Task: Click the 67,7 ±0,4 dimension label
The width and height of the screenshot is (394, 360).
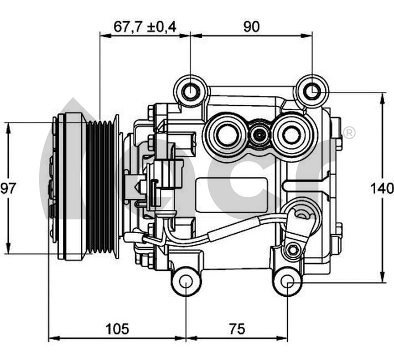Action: (x=145, y=27)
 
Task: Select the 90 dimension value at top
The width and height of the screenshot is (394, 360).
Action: (x=251, y=27)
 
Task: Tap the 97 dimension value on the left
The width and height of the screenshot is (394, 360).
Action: (x=8, y=188)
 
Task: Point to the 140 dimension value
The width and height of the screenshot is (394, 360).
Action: (x=382, y=188)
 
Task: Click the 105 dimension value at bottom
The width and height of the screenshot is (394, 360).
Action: (x=117, y=328)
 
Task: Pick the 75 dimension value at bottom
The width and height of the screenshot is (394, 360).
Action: (x=237, y=328)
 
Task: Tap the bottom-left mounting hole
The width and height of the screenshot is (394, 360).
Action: (x=186, y=282)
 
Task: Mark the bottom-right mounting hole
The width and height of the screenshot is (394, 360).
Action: (x=287, y=282)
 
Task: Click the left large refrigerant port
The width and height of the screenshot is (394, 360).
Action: (x=226, y=134)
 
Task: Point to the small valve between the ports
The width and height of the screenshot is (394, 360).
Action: (x=260, y=135)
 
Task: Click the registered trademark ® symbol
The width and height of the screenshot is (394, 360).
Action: (x=349, y=133)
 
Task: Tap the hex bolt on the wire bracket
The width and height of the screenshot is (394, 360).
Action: (x=292, y=250)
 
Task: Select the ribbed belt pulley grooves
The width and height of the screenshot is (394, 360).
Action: (x=100, y=187)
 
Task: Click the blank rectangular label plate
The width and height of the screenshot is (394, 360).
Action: (x=231, y=195)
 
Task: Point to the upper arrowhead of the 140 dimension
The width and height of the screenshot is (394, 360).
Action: (x=382, y=99)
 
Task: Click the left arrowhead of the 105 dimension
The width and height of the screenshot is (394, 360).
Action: (x=54, y=338)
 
